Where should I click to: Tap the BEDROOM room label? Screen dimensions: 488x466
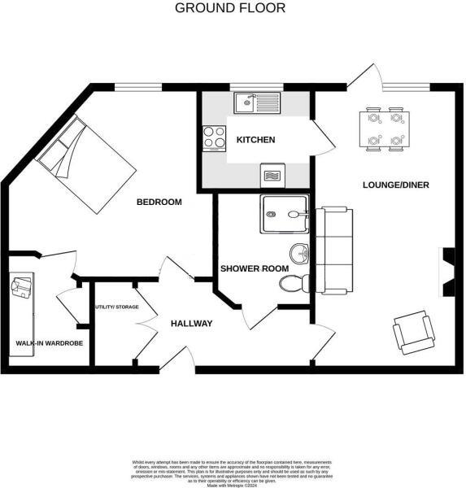click(x=159, y=202)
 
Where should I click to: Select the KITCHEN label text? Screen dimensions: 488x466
click(x=255, y=140)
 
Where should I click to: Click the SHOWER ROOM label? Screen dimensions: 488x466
click(x=248, y=268)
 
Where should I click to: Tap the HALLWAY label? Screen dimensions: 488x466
click(x=191, y=324)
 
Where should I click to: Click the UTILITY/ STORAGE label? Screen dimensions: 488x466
click(x=117, y=307)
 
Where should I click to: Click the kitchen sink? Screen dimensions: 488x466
click(x=255, y=102)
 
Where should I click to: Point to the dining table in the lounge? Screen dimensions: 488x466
click(x=384, y=129)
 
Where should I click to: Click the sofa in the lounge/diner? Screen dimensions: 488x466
click(x=334, y=251)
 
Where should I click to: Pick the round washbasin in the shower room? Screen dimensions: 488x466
click(x=302, y=253)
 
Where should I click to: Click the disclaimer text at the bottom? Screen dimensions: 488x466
click(x=233, y=472)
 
